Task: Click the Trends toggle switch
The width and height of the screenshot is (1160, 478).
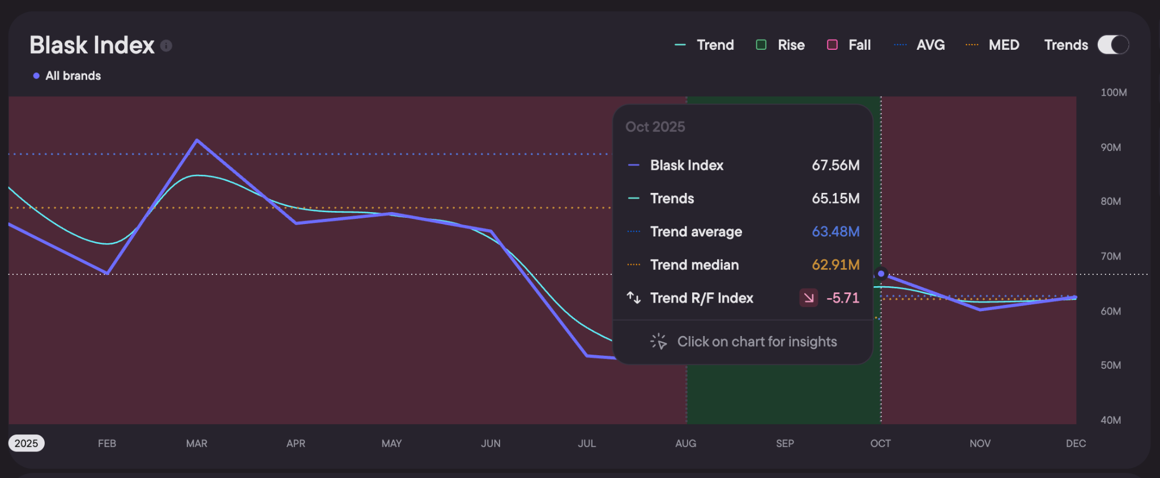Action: (x=1113, y=45)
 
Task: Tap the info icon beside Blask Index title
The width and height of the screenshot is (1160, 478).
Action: (x=166, y=46)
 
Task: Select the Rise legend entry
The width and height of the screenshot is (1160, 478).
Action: (x=781, y=45)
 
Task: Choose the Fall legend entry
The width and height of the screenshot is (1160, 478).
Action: (x=849, y=45)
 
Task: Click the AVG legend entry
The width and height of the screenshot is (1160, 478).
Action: (x=919, y=45)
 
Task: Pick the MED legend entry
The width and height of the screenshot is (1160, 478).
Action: (x=992, y=45)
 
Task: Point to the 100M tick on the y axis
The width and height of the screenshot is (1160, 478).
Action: (x=1114, y=92)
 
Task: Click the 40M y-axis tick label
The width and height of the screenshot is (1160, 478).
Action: (x=1111, y=420)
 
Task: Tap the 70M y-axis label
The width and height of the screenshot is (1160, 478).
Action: (x=1111, y=256)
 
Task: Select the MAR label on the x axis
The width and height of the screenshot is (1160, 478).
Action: (x=197, y=443)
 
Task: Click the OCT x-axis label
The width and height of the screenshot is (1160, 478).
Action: (x=880, y=443)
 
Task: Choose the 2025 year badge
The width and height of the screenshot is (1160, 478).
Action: (x=26, y=443)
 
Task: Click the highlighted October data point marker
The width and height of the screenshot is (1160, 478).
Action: (x=881, y=274)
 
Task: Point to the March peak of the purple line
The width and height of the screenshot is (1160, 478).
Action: (x=197, y=140)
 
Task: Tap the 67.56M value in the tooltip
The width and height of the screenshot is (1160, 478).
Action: (x=835, y=165)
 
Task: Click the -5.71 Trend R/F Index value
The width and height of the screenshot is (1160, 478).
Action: (x=843, y=298)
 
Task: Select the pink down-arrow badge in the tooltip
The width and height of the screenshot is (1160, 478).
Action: (x=808, y=298)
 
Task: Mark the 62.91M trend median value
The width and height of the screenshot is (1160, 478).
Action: (x=835, y=265)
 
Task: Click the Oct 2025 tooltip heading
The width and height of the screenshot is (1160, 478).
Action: (x=655, y=127)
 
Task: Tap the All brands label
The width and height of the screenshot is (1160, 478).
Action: (x=73, y=76)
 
